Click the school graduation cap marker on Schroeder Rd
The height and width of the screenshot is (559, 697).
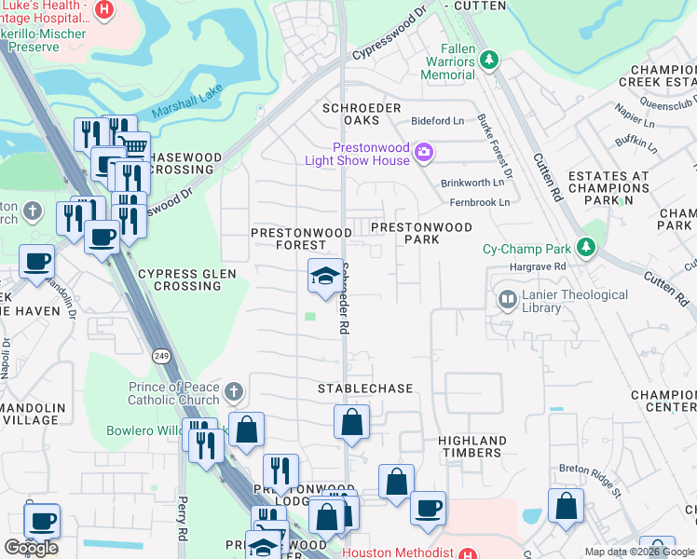(325, 276)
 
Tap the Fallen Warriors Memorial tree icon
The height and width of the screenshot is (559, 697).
(489, 61)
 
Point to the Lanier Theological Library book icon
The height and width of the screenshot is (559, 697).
(508, 299)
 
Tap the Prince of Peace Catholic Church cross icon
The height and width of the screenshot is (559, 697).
(234, 390)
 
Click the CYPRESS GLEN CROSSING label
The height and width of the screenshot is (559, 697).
(180, 279)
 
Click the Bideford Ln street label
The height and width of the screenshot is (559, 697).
(438, 121)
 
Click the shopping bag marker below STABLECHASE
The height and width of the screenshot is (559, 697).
(351, 421)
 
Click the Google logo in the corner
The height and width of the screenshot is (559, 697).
(31, 547)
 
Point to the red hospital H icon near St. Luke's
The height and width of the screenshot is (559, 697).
(104, 10)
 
